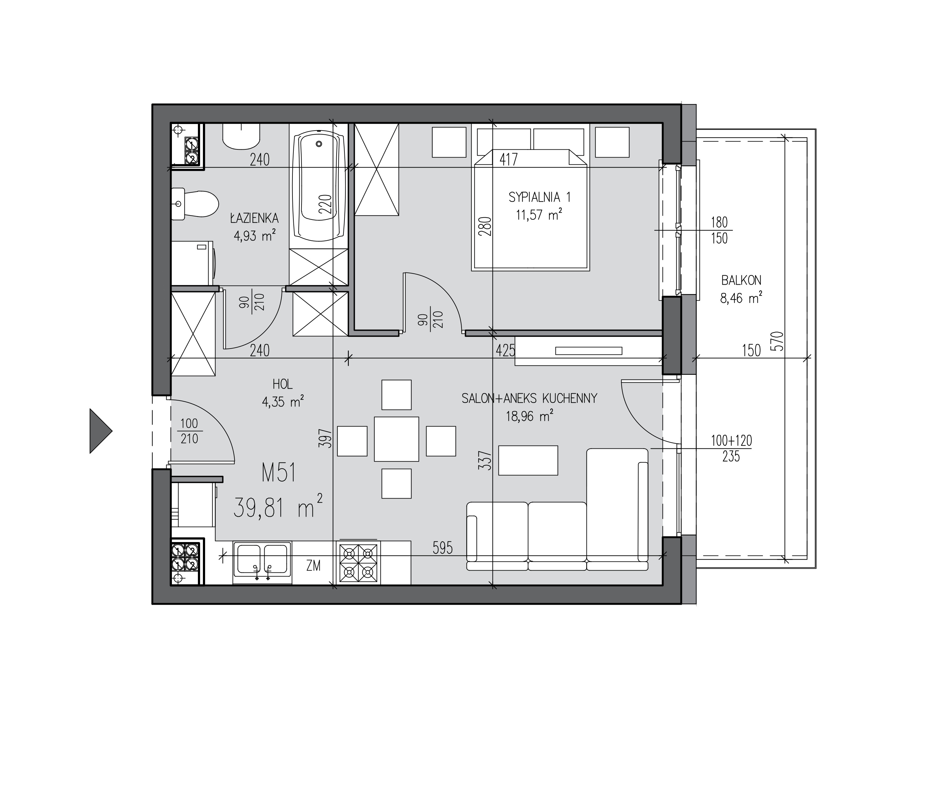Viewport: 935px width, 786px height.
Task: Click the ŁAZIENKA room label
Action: coord(254,218)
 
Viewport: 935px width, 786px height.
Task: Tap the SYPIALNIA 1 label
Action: coord(540,197)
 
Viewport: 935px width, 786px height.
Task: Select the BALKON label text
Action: coord(741,280)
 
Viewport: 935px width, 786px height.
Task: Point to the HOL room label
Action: coord(283,384)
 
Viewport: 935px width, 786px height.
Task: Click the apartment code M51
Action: coord(279,473)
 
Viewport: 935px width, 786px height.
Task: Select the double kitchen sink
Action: coord(262,563)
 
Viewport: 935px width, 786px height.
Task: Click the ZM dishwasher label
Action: coord(313,566)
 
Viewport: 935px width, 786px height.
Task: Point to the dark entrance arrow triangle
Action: coord(101,431)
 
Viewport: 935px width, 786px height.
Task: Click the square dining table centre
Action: coord(396,439)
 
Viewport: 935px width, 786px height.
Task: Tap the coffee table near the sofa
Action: coord(528,460)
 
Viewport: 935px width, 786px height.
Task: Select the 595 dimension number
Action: coord(442,548)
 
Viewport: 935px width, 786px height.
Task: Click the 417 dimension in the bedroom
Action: coord(509,159)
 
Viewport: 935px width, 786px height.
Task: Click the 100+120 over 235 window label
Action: coord(731,448)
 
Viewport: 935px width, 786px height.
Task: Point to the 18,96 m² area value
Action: coord(529,416)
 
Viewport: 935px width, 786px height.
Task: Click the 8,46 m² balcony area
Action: coord(741,297)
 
